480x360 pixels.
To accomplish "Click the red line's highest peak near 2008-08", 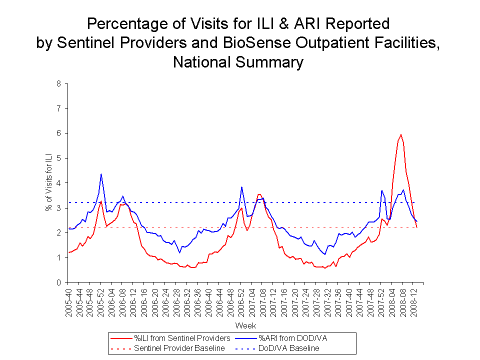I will tap(401, 134).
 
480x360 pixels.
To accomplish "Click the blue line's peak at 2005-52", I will tap(101, 174).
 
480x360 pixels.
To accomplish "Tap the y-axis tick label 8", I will tap(58, 83).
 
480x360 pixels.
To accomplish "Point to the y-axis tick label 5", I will tap(58, 158).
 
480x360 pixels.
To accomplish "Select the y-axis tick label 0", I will tap(58, 282).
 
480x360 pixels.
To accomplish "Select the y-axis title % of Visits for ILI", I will tap(48, 183).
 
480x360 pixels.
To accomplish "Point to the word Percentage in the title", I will tap(130, 23).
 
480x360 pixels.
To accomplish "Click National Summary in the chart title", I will tap(238, 62).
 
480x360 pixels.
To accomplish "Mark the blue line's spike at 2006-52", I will tap(241, 187).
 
